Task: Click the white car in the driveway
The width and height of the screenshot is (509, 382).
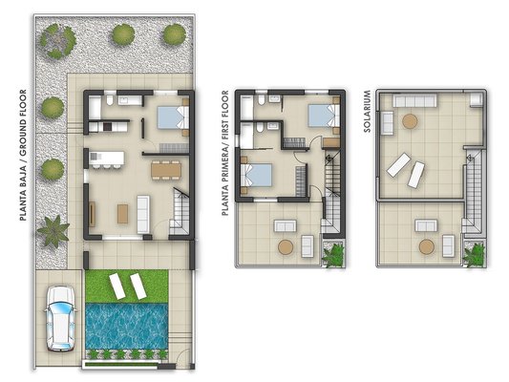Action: coord(61,318)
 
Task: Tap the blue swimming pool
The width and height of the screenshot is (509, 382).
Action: coord(127,326)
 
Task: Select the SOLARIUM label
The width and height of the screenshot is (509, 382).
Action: coord(367,111)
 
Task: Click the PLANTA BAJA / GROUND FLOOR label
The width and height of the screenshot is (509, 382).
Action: coord(23,155)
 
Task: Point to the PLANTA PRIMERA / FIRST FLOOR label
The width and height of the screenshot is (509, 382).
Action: coord(225,153)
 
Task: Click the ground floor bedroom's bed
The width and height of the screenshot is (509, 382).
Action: coord(173,117)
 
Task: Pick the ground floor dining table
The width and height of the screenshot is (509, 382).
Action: coord(166,170)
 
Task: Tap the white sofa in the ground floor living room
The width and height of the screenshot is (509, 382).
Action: coord(143,214)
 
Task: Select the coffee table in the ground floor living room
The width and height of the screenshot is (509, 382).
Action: coord(122,214)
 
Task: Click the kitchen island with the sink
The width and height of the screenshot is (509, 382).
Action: coord(107,159)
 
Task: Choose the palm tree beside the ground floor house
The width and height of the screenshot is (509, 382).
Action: coord(53,231)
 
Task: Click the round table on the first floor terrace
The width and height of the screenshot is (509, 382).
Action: coord(286,247)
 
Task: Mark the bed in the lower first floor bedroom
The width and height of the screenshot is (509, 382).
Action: coord(257,176)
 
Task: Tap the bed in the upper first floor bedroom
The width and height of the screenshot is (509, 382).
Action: coord(324,116)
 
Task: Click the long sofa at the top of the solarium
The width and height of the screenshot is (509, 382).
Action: coord(414,100)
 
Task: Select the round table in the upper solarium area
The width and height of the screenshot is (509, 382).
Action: coord(410,121)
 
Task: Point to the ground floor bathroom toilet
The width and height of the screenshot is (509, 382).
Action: coord(110,100)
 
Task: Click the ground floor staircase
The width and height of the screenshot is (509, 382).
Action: coord(180,211)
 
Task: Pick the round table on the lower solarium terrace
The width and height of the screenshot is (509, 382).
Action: coord(427,247)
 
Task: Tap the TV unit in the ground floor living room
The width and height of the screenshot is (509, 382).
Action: coord(93,214)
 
